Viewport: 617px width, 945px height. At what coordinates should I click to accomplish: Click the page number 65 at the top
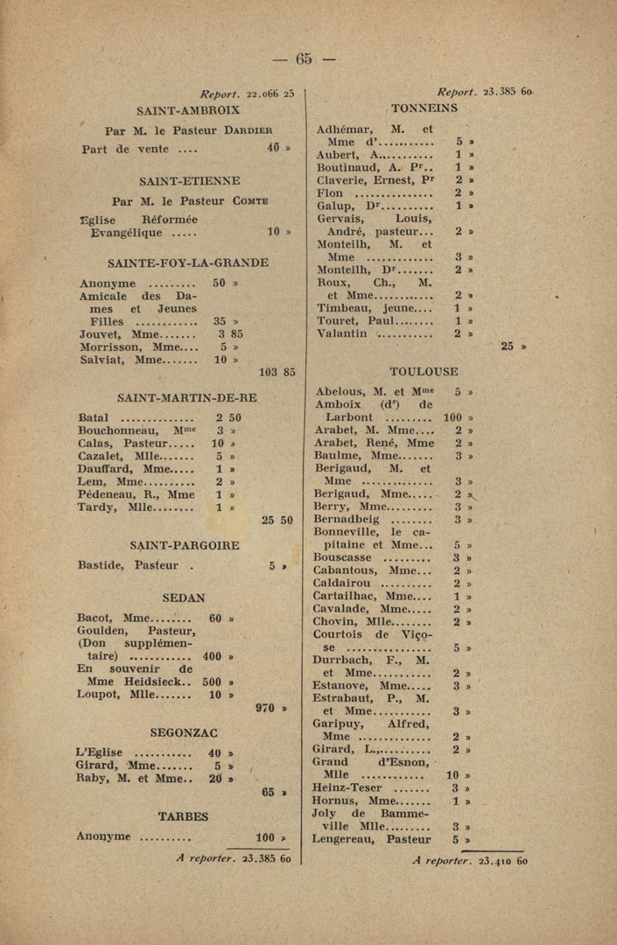[x=304, y=59]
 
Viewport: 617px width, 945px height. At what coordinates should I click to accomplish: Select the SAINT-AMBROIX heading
[x=188, y=110]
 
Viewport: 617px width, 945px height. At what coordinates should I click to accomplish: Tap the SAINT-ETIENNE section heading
[x=189, y=180]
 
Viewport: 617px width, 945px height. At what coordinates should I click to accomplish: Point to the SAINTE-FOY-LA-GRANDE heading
[x=188, y=262]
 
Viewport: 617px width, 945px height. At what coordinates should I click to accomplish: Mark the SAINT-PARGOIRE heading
[x=185, y=545]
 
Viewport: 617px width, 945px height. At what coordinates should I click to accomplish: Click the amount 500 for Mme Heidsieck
[x=214, y=681]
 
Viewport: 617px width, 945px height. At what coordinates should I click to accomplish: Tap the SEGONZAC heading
[x=184, y=732]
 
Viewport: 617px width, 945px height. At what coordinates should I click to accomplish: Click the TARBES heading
[x=183, y=816]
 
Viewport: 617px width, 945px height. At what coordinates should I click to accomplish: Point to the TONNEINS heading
[x=424, y=108]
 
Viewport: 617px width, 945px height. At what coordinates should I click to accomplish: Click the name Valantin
[x=341, y=333]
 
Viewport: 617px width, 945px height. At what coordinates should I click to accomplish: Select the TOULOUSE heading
[x=424, y=371]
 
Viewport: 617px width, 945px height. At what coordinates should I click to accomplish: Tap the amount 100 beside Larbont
[x=452, y=417]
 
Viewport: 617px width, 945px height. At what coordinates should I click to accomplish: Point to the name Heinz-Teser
[x=347, y=787]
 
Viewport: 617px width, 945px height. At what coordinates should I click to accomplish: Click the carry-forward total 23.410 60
[x=502, y=860]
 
